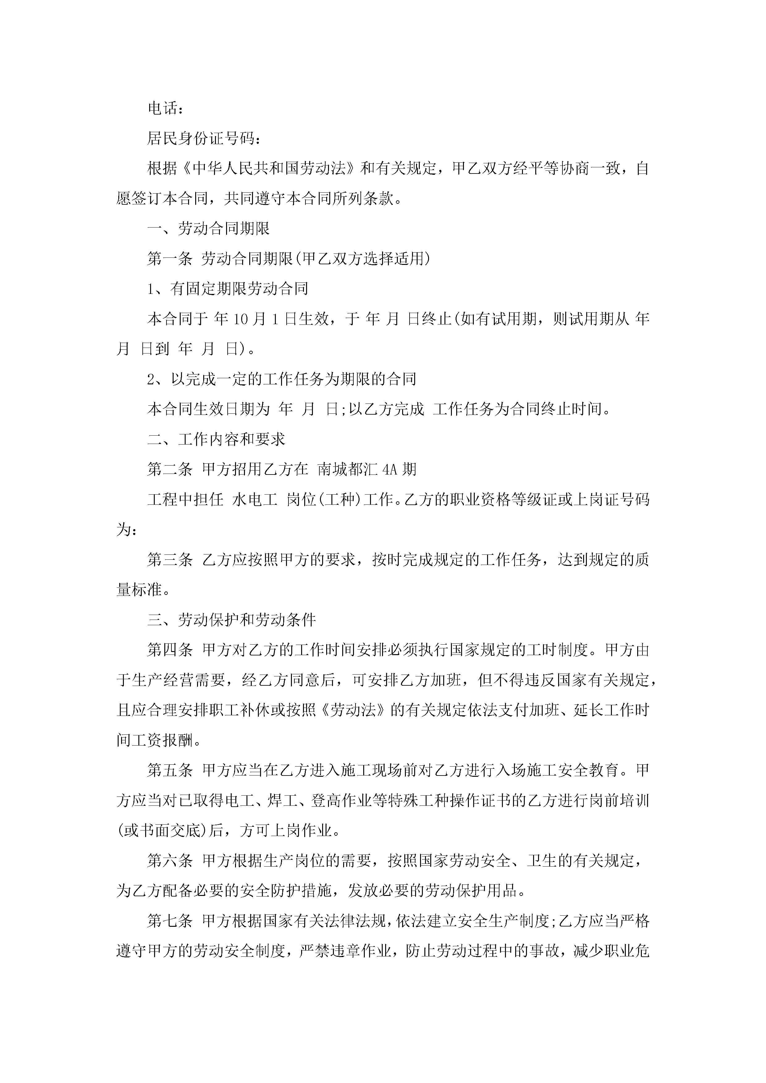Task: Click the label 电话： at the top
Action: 165,108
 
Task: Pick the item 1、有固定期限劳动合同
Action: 228,289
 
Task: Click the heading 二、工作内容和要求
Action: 216,440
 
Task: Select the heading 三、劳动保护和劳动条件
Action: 231,620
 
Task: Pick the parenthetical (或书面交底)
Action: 162,831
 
